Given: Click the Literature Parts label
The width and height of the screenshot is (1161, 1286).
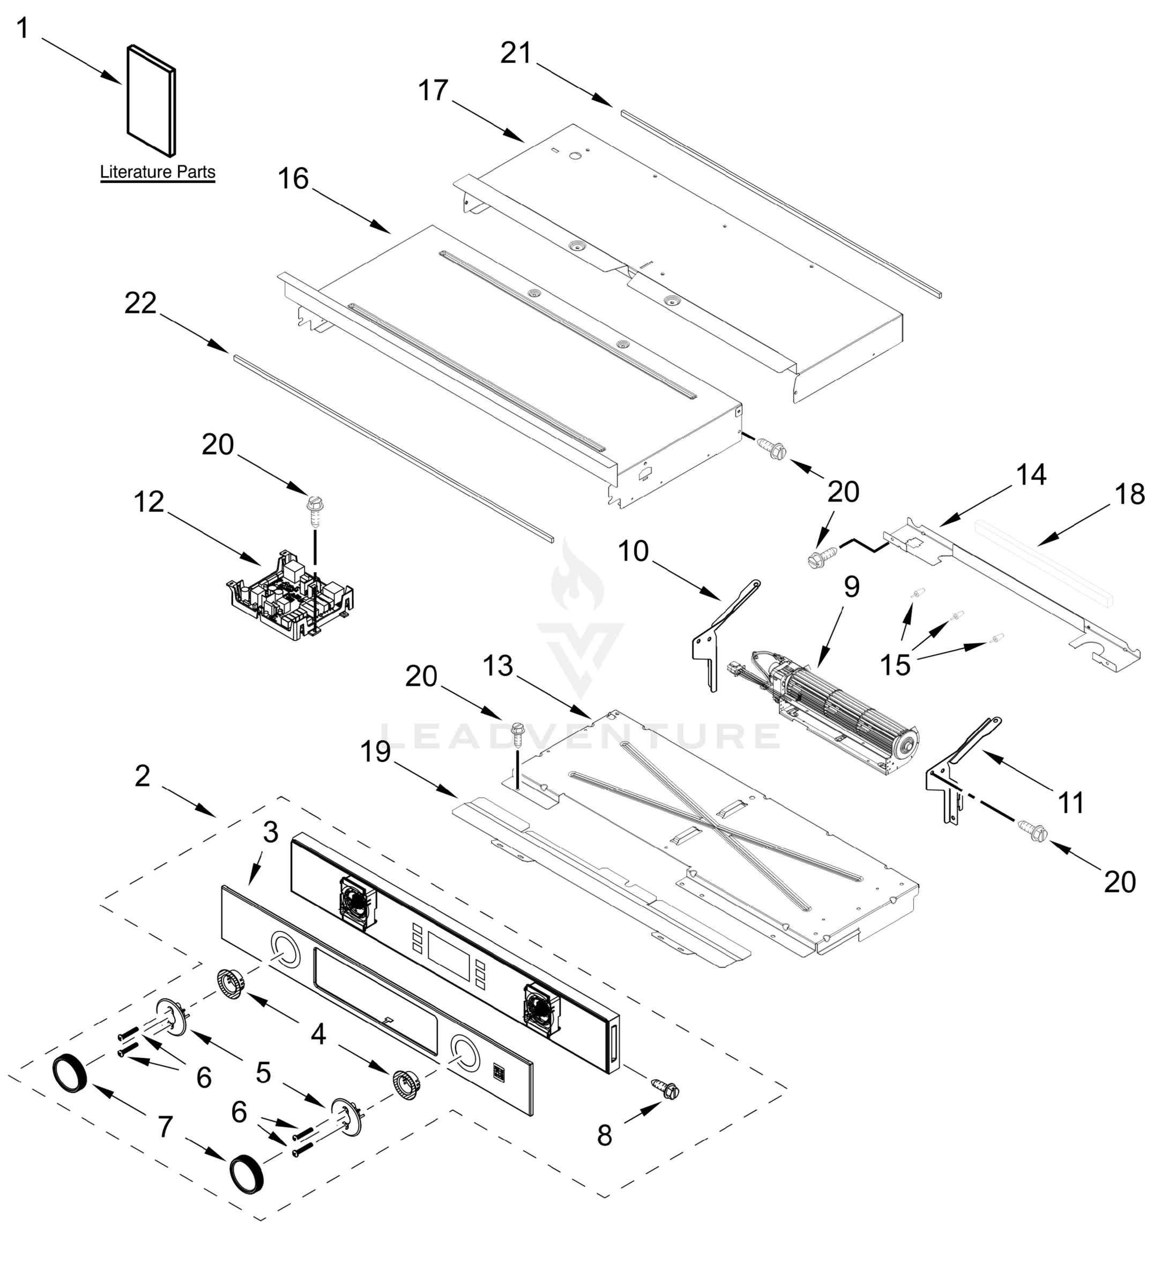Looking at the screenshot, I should coord(158,172).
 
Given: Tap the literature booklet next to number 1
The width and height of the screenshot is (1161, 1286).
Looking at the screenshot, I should coord(151,100).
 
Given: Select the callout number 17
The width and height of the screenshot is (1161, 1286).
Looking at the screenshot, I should coord(433,91).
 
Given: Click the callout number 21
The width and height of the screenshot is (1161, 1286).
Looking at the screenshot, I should coord(516,53).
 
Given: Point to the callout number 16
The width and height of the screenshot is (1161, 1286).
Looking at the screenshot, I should coord(293,179).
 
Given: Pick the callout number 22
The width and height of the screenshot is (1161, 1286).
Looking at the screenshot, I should coord(140,303).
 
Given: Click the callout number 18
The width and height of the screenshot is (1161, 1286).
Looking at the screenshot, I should coord(1130,494).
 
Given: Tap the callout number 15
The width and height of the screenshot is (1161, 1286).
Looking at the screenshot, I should coord(895,666).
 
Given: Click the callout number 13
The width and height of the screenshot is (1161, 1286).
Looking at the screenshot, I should coord(497,666).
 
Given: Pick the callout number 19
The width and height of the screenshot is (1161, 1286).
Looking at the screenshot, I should coord(375,752).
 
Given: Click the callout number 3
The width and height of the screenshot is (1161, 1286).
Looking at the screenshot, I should coord(271,832).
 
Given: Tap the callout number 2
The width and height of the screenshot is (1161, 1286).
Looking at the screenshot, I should coord(142,776).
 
